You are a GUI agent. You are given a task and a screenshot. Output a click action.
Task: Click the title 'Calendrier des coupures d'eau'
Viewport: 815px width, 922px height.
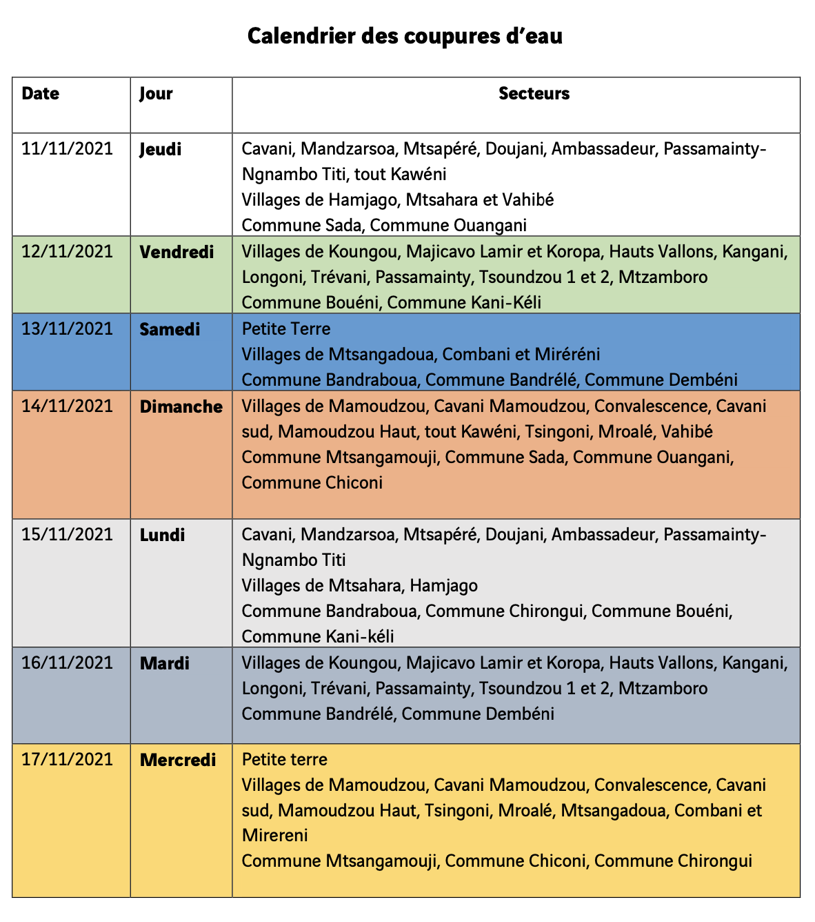tap(405, 36)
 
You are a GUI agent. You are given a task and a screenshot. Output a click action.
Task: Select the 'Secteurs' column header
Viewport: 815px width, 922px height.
tap(534, 94)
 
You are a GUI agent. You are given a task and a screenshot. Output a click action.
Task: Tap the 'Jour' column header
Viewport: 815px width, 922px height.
tap(156, 94)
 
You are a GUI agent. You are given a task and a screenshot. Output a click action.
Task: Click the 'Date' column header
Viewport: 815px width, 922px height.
tap(41, 94)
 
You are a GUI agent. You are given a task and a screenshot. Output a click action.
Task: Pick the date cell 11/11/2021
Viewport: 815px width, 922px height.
tap(67, 149)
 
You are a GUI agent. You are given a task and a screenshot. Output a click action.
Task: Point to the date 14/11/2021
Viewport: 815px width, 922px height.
tap(67, 406)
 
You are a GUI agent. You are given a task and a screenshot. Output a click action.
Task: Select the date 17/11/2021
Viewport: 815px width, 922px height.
tap(67, 759)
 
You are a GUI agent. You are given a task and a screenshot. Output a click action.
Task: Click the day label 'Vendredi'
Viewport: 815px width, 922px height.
tap(177, 252)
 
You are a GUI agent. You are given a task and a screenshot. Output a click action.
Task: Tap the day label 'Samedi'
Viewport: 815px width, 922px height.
tap(170, 329)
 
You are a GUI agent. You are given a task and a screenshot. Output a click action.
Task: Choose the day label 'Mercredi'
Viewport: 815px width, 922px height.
tap(178, 760)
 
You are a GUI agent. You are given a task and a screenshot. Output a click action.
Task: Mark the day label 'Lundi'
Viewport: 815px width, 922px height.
tap(162, 535)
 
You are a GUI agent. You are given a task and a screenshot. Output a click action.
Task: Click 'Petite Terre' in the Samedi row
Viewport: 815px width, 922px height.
tap(286, 329)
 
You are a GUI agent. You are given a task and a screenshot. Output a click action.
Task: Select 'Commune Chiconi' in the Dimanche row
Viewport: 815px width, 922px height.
tap(312, 482)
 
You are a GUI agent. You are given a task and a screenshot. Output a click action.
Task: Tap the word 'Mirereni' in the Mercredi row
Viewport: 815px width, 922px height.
tap(274, 835)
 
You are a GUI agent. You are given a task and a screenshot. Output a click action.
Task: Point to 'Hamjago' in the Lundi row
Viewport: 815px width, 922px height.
tap(443, 586)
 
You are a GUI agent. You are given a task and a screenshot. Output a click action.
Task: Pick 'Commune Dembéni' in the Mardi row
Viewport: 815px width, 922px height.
tap(478, 714)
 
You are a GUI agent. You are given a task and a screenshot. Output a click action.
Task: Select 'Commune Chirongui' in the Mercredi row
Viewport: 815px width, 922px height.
tap(673, 861)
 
